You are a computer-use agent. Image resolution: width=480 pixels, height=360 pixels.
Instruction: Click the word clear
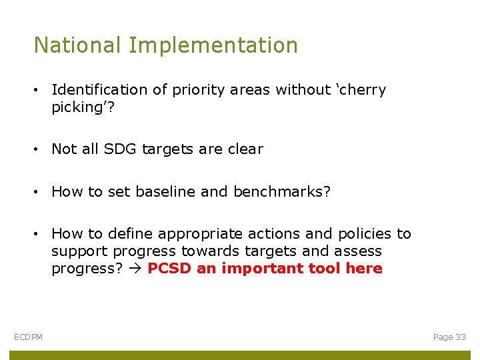click(x=245, y=149)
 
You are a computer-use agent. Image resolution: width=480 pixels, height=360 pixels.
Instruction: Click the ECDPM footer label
click(x=28, y=337)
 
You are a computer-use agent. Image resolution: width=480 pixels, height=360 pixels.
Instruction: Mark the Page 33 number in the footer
click(x=449, y=337)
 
